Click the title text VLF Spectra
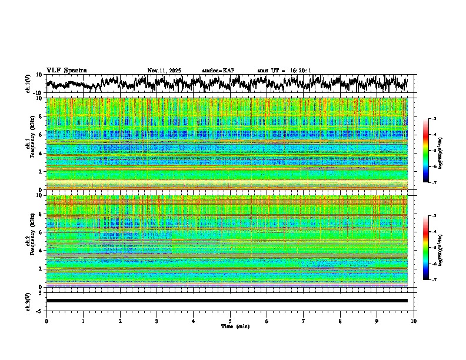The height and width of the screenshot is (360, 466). [66, 71]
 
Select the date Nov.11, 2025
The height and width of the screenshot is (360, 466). [164, 71]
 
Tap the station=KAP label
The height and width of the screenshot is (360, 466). [218, 71]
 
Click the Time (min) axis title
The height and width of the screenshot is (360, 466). [230, 326]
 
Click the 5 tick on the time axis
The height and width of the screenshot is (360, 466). [230, 321]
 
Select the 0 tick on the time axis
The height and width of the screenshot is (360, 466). [46, 321]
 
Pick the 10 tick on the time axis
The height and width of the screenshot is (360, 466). [414, 321]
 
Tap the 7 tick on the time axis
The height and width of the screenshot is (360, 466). [304, 321]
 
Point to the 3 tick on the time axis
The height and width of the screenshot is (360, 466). [157, 321]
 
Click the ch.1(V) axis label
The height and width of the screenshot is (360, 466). [28, 84]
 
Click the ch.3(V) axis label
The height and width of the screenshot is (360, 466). [28, 301]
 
